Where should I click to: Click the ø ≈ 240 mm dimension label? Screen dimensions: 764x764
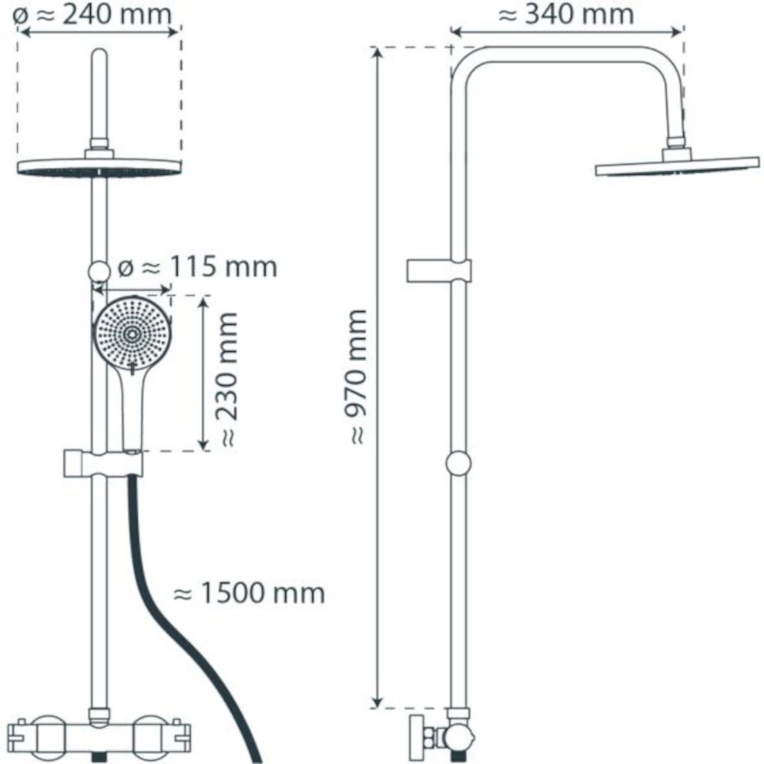(92, 14)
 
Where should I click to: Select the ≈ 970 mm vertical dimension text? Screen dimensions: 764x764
(357, 377)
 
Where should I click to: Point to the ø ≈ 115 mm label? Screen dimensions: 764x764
(197, 266)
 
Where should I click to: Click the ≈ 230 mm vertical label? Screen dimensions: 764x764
(227, 380)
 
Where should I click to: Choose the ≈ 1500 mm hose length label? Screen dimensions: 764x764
(249, 593)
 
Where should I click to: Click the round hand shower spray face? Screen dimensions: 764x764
(132, 334)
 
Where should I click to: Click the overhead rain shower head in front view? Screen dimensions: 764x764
(99, 166)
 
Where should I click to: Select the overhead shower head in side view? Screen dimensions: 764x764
(677, 166)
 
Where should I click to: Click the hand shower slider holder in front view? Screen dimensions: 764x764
(102, 464)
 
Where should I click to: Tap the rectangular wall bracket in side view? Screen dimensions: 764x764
(438, 271)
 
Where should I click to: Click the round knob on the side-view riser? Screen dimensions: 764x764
(458, 463)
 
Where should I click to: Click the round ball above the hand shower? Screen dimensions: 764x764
(99, 271)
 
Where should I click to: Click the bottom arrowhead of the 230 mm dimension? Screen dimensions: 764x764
(203, 445)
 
